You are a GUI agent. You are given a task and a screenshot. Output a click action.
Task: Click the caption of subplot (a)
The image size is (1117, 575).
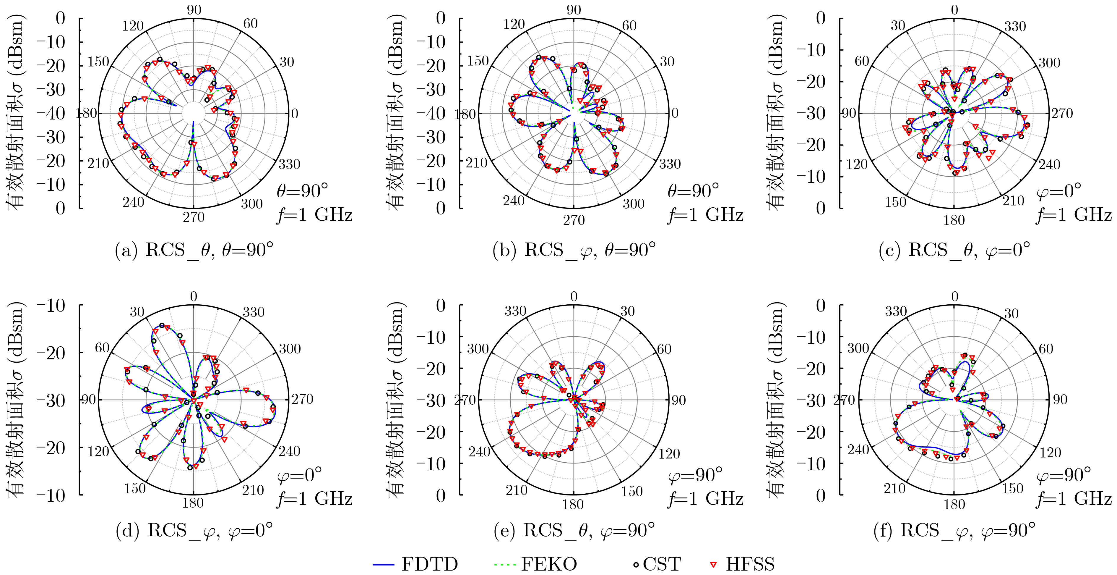click(194, 251)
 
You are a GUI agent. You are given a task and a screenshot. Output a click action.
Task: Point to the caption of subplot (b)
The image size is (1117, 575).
click(574, 251)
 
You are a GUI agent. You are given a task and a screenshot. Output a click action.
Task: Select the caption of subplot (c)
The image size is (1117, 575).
click(954, 251)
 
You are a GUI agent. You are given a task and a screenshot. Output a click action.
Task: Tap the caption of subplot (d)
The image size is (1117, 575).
click(194, 530)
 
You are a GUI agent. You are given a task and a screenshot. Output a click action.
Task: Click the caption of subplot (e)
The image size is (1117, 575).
click(574, 530)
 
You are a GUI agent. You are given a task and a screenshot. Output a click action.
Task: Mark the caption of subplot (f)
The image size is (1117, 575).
click(954, 530)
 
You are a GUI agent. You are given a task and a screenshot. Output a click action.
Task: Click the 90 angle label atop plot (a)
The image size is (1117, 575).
click(194, 10)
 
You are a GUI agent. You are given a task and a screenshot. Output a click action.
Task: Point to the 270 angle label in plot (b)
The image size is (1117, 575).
click(574, 220)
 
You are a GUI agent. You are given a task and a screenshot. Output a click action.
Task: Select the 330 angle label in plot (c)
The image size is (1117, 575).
click(1015, 27)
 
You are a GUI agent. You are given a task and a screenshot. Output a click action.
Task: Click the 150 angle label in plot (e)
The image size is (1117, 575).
click(631, 491)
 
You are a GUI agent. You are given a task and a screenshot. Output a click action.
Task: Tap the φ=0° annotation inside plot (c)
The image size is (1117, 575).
click(1058, 191)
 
